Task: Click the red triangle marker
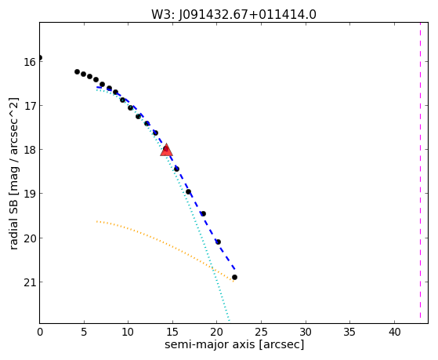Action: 166,151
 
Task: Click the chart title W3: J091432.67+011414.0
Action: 233,15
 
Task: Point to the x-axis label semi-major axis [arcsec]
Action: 234,344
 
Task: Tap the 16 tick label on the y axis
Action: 29,62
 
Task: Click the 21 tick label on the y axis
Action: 29,282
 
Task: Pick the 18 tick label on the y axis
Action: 29,150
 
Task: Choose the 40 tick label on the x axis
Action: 394,332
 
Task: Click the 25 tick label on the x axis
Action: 261,332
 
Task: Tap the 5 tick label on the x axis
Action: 84,332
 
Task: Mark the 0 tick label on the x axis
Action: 40,332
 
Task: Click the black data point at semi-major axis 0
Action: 40,57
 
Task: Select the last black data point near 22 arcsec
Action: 234,277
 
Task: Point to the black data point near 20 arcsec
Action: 218,242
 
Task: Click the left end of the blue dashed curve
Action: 97,87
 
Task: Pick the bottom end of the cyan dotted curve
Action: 230,321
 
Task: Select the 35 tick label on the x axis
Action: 350,332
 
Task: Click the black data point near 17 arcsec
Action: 188,191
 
